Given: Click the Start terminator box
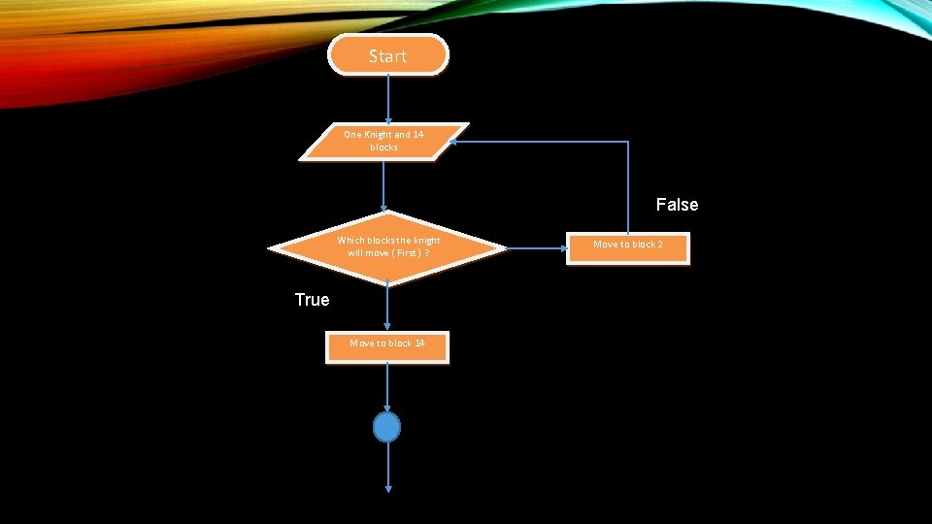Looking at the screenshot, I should pyautogui.click(x=388, y=55).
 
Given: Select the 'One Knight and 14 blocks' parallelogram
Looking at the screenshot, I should pyautogui.click(x=383, y=141).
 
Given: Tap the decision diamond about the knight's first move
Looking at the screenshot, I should pyautogui.click(x=387, y=247).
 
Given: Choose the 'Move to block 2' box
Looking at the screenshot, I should pyautogui.click(x=628, y=247).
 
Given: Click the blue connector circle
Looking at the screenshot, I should pyautogui.click(x=387, y=427).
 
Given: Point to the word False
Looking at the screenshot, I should pyautogui.click(x=677, y=205).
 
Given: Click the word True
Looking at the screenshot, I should pyautogui.click(x=312, y=300).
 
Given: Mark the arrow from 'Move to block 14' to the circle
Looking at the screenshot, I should pyautogui.click(x=387, y=387).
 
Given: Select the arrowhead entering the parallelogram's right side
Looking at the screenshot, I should pyautogui.click(x=455, y=142).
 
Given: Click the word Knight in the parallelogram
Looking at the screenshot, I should pyautogui.click(x=377, y=135).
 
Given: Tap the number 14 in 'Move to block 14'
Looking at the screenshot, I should pyautogui.click(x=418, y=344).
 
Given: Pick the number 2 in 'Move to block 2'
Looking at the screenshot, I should pyautogui.click(x=659, y=245).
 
